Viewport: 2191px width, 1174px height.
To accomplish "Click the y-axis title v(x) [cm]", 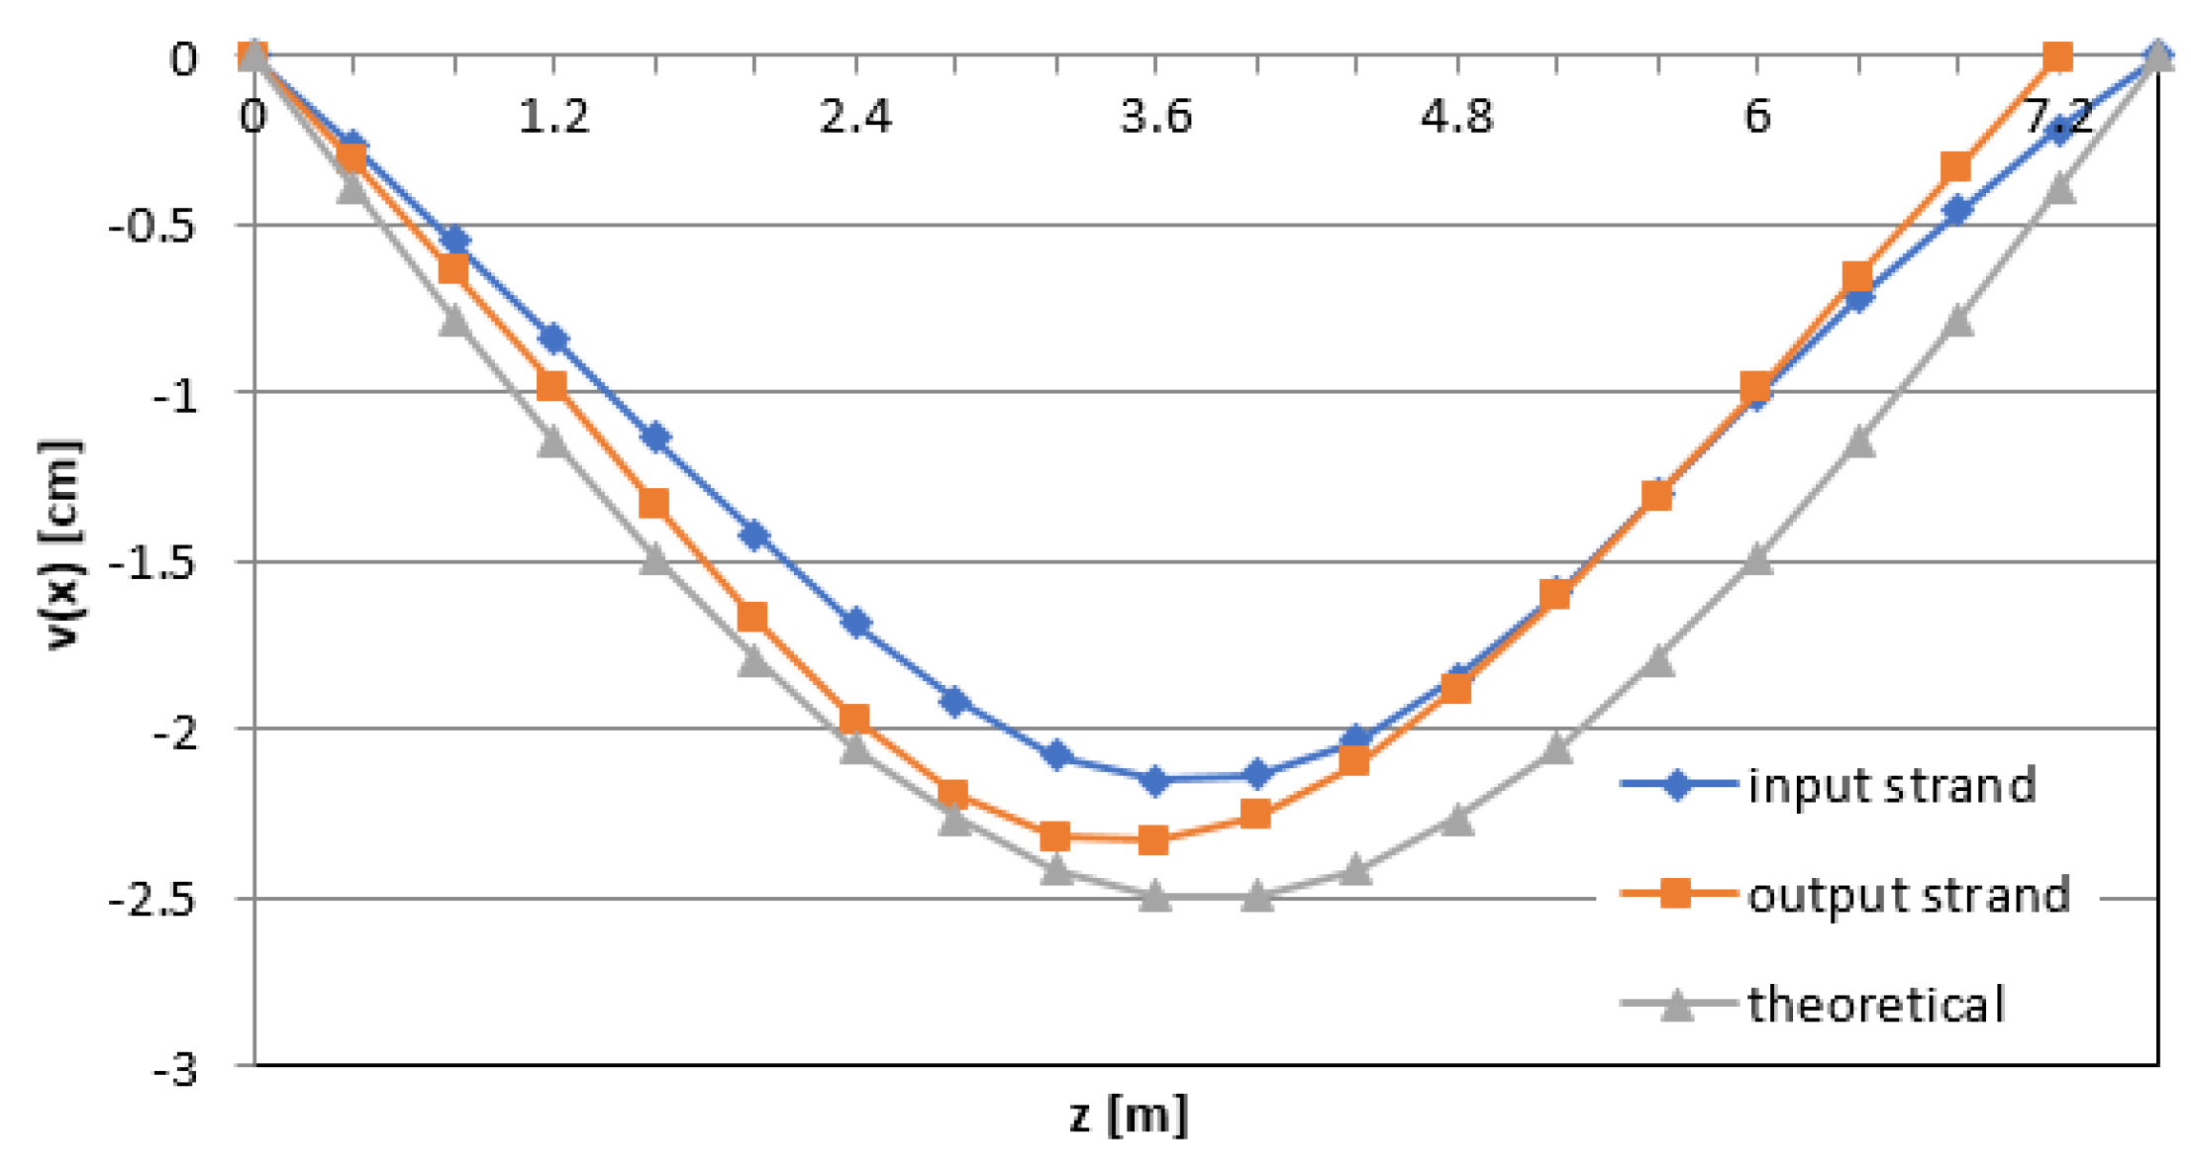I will (x=61, y=544).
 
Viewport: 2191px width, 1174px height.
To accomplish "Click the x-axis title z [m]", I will (x=1128, y=1116).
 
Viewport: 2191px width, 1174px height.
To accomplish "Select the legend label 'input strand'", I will (x=1891, y=786).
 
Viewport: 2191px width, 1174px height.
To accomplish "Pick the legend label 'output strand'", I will (x=1908, y=895).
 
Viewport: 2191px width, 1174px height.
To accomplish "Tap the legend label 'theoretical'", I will (x=1875, y=1005).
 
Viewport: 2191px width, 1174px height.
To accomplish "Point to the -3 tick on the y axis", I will (x=175, y=1070).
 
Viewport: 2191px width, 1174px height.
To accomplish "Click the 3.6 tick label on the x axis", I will (x=1155, y=117).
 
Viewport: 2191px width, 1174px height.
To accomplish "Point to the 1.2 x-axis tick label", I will (x=553, y=117).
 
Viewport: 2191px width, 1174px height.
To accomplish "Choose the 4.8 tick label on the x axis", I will (x=1456, y=117).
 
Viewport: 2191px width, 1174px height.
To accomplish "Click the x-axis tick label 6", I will (x=1757, y=117).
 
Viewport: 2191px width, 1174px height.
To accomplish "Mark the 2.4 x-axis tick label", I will (x=855, y=117).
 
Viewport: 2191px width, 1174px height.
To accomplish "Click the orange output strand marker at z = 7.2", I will (x=2058, y=57).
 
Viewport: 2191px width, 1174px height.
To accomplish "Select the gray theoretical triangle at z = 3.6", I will (x=1155, y=897).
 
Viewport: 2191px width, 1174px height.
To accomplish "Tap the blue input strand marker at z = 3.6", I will (x=1155, y=780).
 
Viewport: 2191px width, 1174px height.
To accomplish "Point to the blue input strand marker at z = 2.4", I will (x=856, y=624).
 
